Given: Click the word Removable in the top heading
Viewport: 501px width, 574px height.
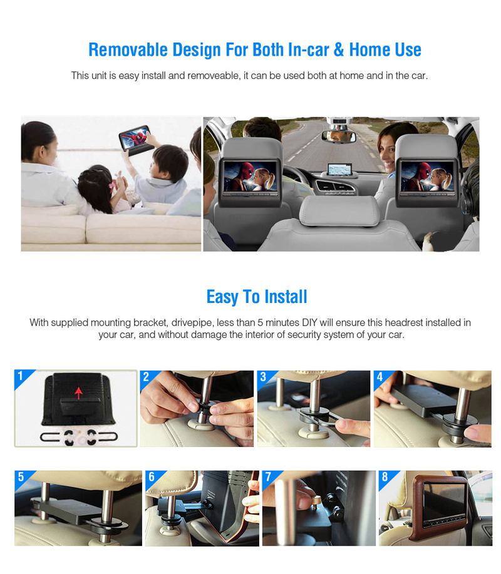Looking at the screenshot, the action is (x=128, y=50).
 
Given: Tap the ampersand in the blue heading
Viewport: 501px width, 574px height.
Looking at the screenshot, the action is (x=339, y=50).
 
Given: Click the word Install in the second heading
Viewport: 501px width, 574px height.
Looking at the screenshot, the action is (x=286, y=297).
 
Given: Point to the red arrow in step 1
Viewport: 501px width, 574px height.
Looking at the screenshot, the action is (x=78, y=393).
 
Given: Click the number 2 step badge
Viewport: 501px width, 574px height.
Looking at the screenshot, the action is (x=146, y=377).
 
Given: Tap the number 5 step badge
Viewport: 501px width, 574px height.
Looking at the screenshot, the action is (x=21, y=476).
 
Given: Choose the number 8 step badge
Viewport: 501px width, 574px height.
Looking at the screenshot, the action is (x=385, y=476).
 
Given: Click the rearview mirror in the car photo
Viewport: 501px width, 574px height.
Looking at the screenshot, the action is (x=339, y=136).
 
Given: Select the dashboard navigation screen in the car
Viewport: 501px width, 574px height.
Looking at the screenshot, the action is (x=339, y=170).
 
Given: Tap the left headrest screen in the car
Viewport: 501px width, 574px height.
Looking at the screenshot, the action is (x=250, y=177).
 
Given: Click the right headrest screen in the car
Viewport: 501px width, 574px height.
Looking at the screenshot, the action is (x=427, y=177).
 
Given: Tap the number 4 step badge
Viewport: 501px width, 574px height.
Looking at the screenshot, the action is (x=380, y=377).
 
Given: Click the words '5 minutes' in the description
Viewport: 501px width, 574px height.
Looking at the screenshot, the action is (x=278, y=323).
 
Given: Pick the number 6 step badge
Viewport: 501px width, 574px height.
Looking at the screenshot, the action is (x=152, y=476).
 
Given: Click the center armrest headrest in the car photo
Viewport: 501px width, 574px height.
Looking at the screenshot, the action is (x=339, y=211).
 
